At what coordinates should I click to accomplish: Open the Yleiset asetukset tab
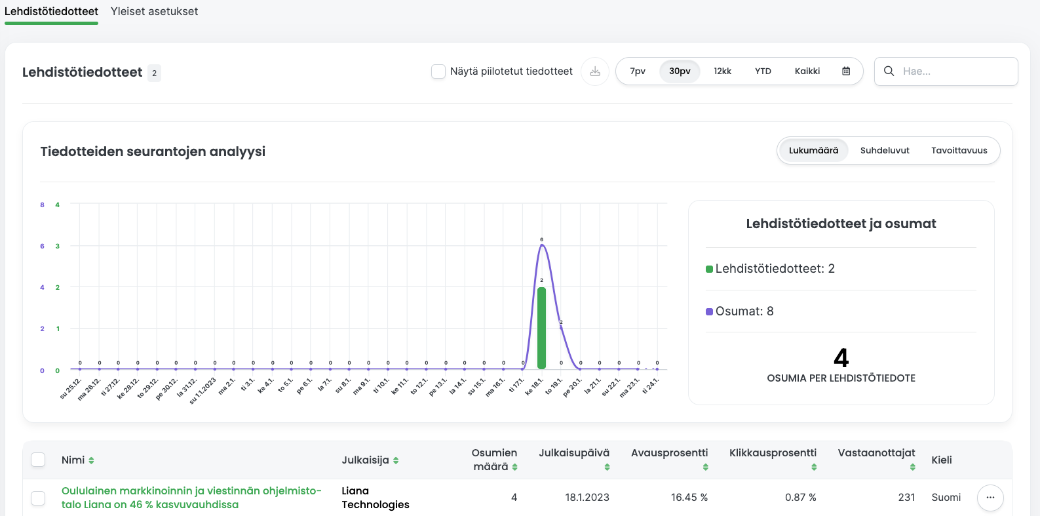[x=154, y=11]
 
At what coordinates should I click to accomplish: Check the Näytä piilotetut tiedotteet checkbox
[x=438, y=71]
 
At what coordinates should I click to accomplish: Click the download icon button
[x=595, y=71]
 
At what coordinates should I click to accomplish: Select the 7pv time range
[x=638, y=71]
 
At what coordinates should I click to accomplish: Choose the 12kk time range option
[x=722, y=71]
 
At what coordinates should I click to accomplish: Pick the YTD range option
[x=763, y=71]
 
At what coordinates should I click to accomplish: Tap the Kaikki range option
[x=807, y=71]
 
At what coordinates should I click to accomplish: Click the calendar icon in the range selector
[x=846, y=71]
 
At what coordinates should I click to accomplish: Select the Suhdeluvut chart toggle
[x=885, y=151]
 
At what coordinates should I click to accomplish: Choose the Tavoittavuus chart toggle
[x=959, y=151]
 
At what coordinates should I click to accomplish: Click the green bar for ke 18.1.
[x=541, y=328]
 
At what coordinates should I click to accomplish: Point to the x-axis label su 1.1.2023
[x=203, y=391]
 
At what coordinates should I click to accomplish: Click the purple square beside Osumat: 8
[x=709, y=311]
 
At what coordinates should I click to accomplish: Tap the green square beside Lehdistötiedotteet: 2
[x=709, y=269]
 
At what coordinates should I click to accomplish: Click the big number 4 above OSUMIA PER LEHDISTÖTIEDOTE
[x=841, y=358]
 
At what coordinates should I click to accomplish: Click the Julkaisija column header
[x=366, y=460]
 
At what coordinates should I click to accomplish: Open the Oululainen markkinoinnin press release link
[x=191, y=498]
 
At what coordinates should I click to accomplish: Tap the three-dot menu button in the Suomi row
[x=990, y=498]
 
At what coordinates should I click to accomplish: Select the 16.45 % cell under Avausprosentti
[x=689, y=498]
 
